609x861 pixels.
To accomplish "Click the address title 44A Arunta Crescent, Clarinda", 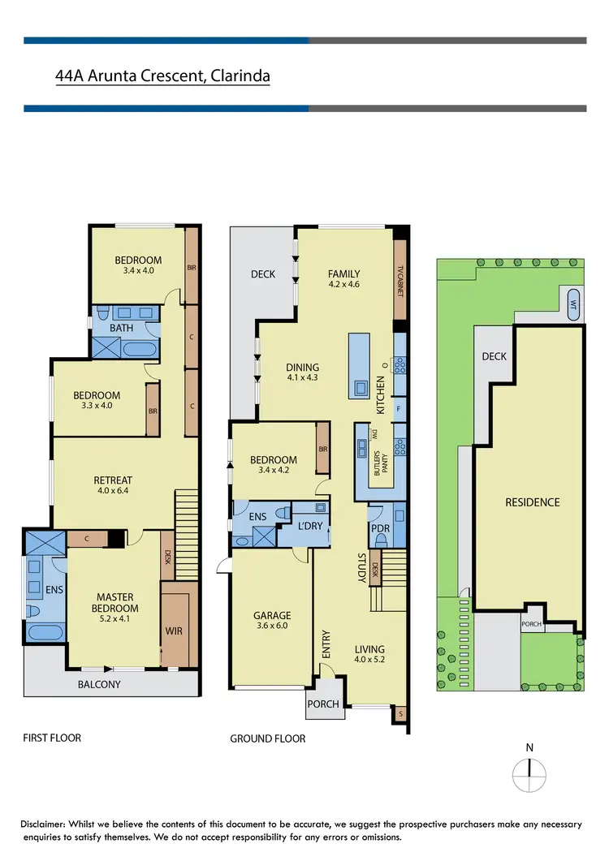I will point(162,76).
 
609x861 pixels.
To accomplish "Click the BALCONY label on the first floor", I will point(99,684).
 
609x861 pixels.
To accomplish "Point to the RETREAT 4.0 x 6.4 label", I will point(113,486).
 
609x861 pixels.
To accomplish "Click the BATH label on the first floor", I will point(122,329).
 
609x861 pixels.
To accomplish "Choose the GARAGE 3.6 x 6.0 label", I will point(272,622).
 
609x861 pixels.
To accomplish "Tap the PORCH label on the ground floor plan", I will point(323,704).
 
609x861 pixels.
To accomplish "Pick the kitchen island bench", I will point(358,365).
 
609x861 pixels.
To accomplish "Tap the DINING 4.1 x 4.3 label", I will point(303,372).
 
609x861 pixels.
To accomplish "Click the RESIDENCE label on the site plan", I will point(533,502).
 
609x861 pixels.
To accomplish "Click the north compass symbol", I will point(529,773).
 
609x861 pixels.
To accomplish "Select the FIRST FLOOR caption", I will point(52,738).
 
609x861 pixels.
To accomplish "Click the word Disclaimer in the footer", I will point(50,824).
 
